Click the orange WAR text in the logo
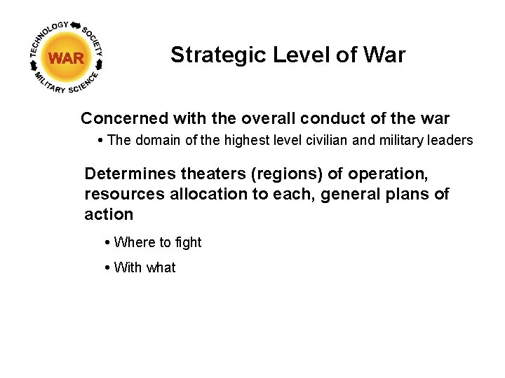coord(67,58)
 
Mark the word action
coord(109,214)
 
